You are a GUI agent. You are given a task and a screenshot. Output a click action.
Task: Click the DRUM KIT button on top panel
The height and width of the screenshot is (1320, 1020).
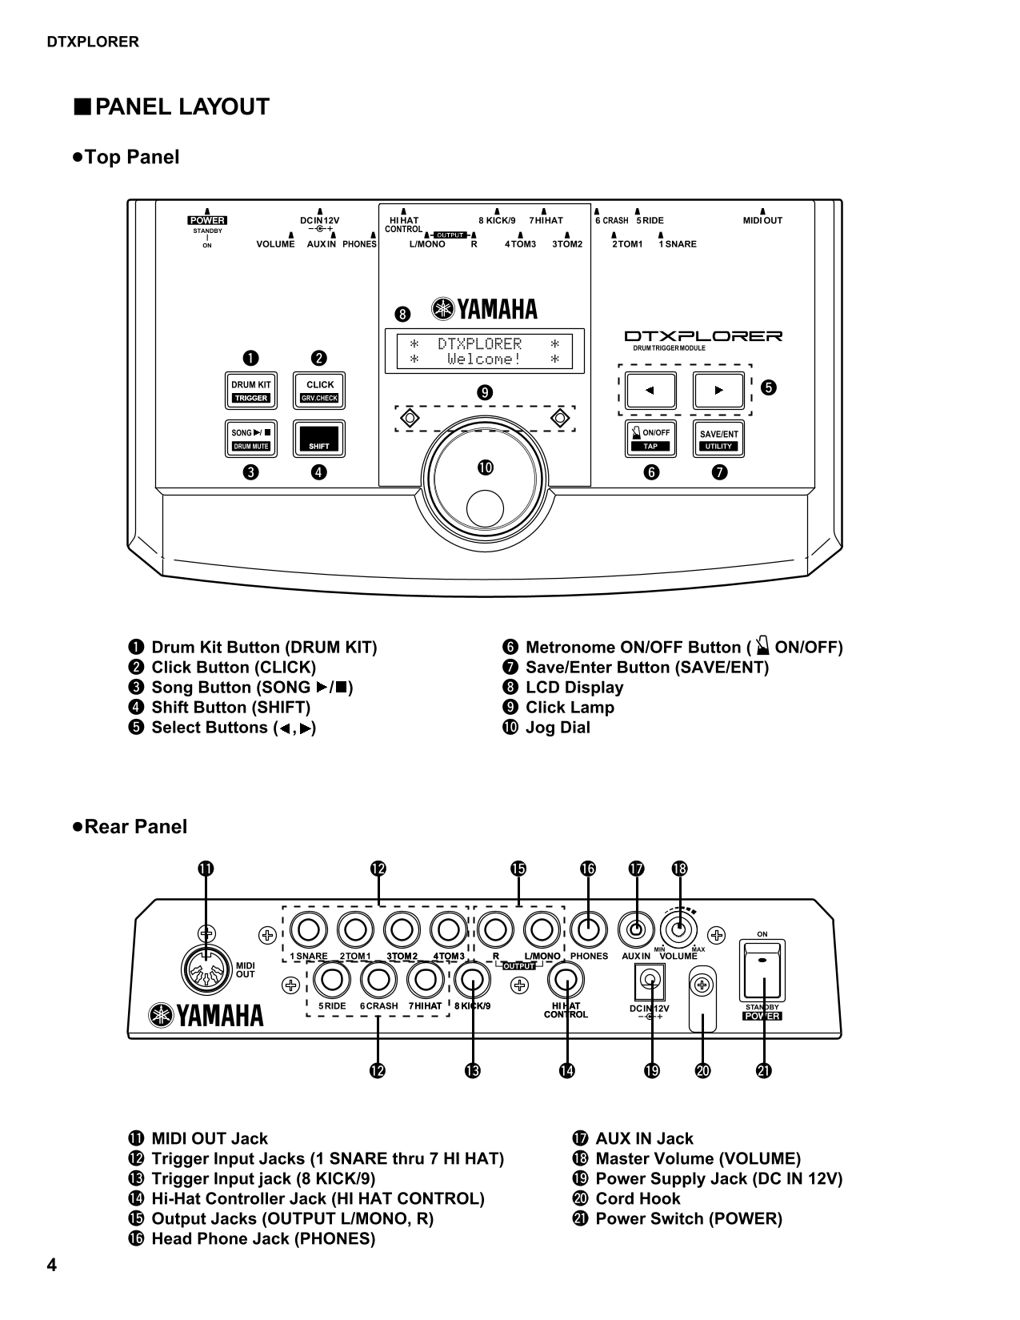coord(251,391)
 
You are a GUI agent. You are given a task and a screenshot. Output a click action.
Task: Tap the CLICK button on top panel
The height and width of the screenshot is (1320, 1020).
coord(319,391)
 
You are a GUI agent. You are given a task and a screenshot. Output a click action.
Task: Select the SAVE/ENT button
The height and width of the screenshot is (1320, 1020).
coord(718,439)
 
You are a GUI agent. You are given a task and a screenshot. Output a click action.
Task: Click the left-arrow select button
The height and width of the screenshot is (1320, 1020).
coord(650,391)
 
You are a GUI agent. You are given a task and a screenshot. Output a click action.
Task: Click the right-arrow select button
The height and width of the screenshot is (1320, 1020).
coord(718,391)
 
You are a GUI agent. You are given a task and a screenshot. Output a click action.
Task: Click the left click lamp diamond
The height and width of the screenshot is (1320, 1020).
coord(410,418)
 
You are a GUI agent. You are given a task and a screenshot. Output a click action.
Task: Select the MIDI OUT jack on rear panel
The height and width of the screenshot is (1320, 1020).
coord(206,970)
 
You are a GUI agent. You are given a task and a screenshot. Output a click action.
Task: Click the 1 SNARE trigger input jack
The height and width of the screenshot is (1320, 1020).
coord(309,930)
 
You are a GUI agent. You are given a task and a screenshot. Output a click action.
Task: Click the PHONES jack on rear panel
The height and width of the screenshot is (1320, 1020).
coord(589,930)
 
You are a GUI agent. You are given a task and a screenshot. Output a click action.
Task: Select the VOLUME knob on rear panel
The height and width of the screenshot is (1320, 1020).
coord(678,930)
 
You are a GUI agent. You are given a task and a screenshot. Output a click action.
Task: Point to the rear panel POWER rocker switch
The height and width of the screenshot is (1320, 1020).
coord(762,971)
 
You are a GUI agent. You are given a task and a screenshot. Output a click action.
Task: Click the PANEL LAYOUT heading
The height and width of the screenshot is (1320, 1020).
coord(182,107)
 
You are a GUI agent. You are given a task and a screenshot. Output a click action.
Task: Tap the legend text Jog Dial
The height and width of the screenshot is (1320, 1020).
coord(558,728)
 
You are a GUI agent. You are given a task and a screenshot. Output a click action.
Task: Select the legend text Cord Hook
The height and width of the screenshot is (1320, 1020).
coord(638,1198)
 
